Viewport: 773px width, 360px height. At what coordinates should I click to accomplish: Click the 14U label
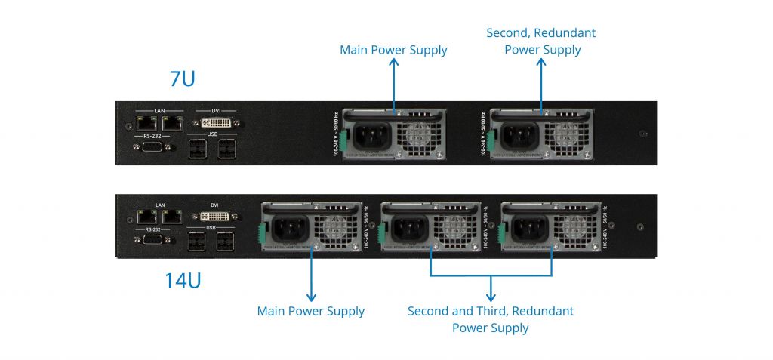[x=183, y=281]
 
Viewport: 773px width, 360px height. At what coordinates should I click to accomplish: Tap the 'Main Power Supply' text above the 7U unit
[x=393, y=51]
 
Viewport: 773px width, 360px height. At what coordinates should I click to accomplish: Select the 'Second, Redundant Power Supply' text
[x=541, y=42]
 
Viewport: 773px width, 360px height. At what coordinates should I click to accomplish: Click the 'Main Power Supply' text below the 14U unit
[x=311, y=311]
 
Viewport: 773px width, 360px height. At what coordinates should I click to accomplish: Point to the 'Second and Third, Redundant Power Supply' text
[x=491, y=319]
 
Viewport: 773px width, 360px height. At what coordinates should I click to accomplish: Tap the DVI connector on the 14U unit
[x=215, y=217]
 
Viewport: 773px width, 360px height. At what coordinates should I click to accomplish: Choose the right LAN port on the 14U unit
[x=173, y=217]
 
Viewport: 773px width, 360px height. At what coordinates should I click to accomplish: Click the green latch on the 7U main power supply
[x=342, y=139]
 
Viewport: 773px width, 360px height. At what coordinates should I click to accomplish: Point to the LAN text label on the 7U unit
[x=159, y=111]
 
